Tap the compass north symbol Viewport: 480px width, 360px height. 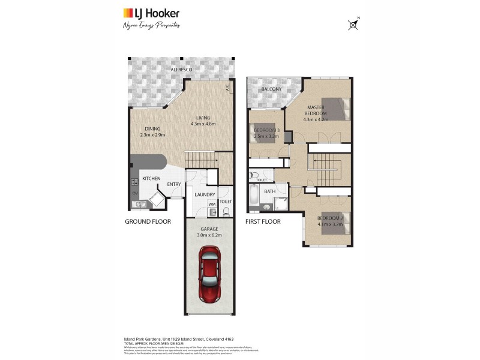point(353,25)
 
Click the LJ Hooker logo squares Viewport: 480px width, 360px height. point(128,13)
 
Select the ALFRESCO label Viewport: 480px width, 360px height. point(181,71)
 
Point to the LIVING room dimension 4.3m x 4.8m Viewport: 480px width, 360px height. point(203,124)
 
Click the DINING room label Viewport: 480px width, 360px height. point(152,128)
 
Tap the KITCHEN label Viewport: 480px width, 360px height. point(151,179)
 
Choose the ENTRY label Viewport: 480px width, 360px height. point(174,184)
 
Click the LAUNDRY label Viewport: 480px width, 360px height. point(205,194)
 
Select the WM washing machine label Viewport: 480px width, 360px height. point(211,204)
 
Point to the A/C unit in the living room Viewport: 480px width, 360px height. point(228,88)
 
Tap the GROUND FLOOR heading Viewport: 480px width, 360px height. point(148,221)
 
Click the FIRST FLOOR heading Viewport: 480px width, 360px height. point(263,221)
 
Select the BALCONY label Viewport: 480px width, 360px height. point(271,89)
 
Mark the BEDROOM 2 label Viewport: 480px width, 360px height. point(329,218)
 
